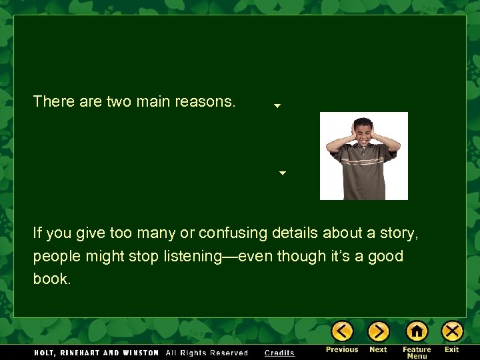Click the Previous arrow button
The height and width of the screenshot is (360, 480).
point(342,331)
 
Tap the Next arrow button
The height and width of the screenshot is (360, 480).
point(378,331)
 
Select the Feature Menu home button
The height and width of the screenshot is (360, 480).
point(417,331)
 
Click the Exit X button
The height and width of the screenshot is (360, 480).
point(452,331)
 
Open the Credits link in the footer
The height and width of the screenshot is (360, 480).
point(279,353)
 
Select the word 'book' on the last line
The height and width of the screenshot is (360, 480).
point(50,279)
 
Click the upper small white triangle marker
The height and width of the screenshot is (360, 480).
point(277,105)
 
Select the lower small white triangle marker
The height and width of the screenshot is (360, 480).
point(282,173)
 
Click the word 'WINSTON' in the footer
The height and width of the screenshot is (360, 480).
point(141,353)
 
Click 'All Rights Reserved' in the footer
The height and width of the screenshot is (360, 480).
point(206,353)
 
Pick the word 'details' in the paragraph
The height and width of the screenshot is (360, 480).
point(295,233)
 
